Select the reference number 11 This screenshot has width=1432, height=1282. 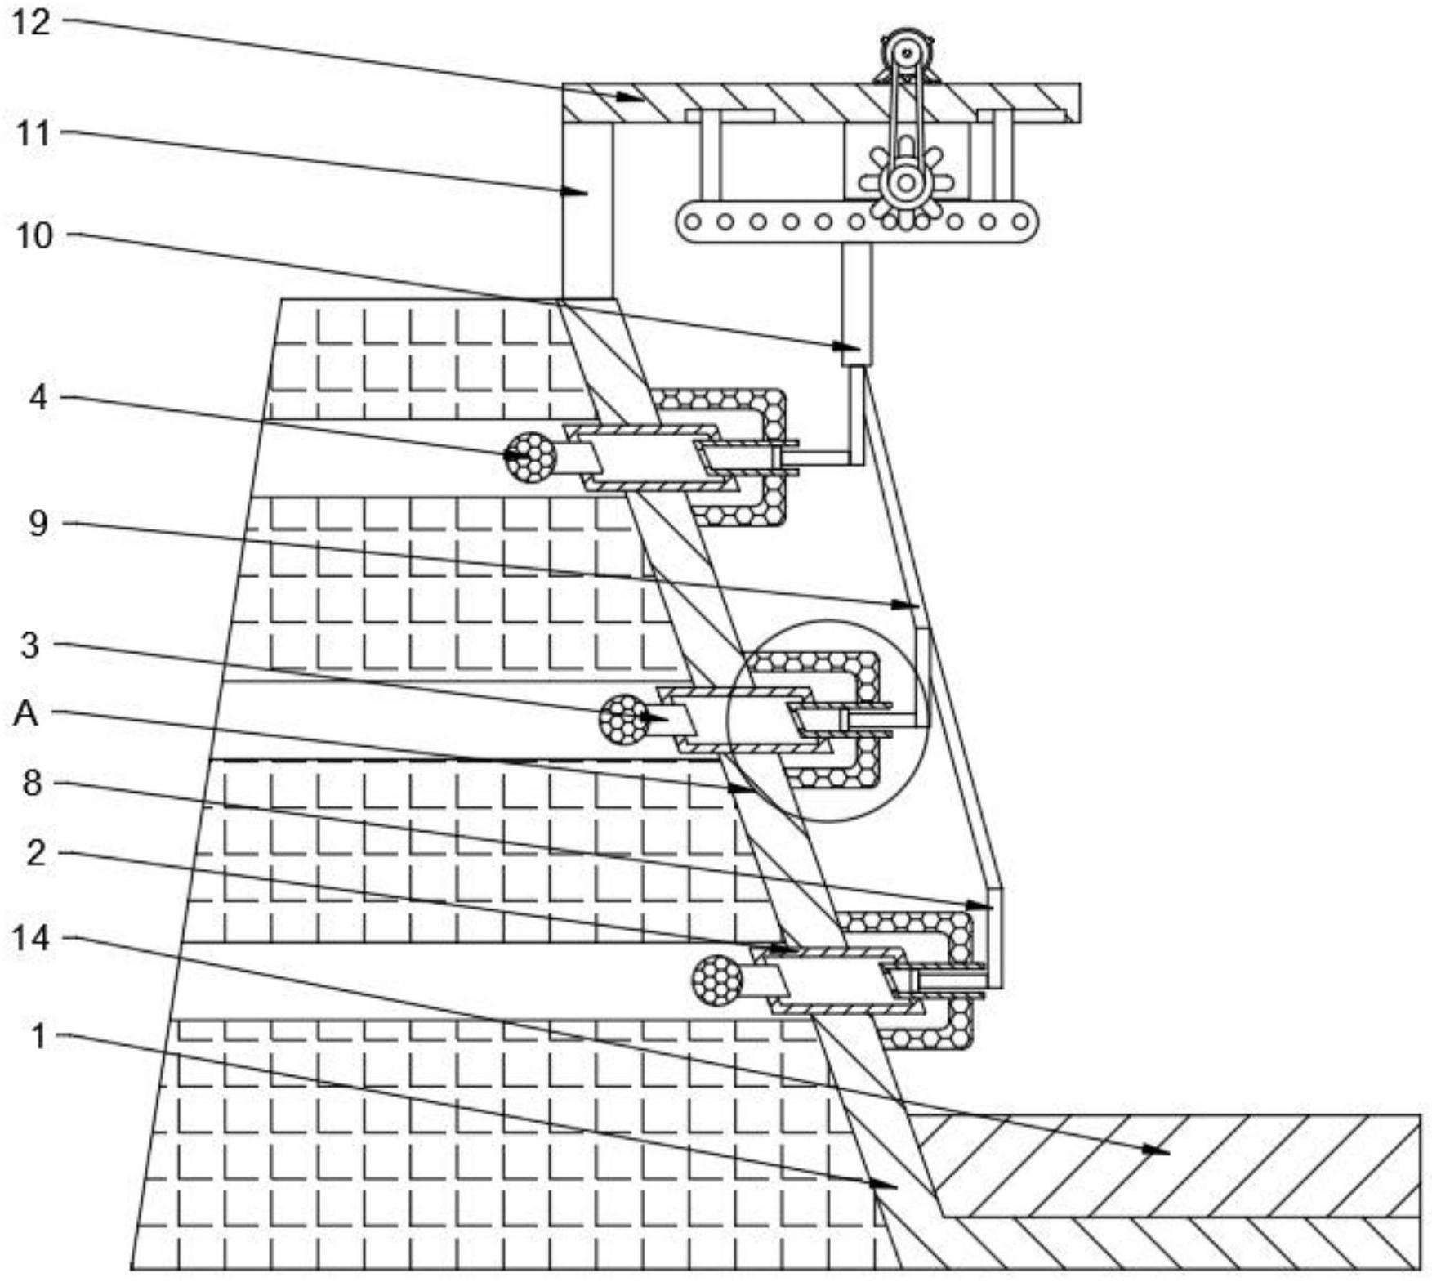pos(33,132)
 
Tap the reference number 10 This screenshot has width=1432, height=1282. pos(33,235)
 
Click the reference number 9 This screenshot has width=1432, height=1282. pos(38,523)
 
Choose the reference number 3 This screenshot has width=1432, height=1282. pos(29,645)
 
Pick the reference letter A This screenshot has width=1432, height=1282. pos(26,714)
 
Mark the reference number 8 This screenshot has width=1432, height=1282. pos(32,783)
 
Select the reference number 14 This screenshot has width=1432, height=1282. pos(31,938)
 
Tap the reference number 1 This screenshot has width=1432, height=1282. pos(38,1036)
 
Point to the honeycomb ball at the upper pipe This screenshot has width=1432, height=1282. pos(529,455)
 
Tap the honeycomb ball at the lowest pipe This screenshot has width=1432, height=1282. pos(717,979)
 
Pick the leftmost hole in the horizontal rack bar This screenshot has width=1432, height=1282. pos(693,221)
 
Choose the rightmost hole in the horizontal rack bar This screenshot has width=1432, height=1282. pos(1020,221)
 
